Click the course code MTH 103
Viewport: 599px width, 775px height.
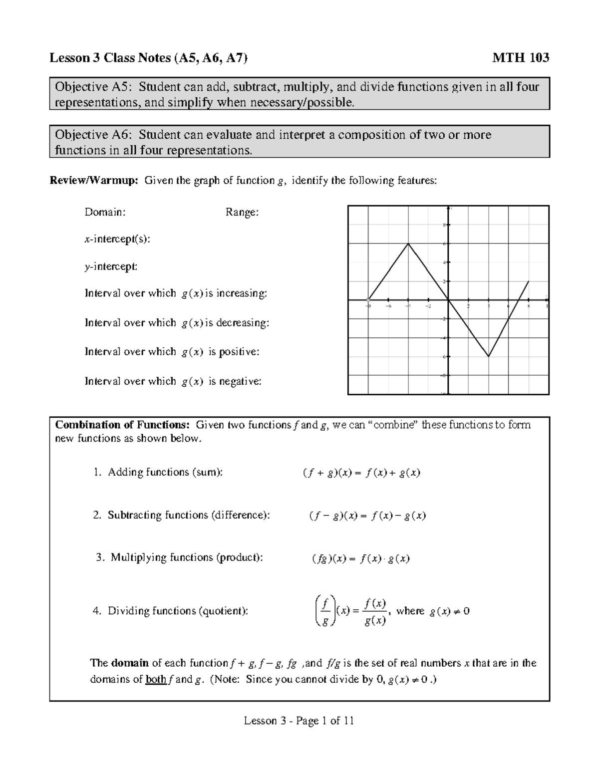(x=521, y=58)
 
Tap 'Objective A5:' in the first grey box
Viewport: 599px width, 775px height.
(x=94, y=87)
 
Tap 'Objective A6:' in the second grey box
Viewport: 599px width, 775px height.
(x=94, y=135)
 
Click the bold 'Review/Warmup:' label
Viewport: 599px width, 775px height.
(x=93, y=181)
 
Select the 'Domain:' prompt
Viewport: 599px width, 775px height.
(x=105, y=212)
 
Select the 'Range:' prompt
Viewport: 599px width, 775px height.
(x=242, y=212)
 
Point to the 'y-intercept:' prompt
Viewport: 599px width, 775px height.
(x=111, y=266)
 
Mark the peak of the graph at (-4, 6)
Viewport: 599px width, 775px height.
(x=408, y=244)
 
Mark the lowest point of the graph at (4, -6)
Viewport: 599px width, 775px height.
(x=489, y=356)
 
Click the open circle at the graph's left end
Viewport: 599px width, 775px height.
(x=368, y=300)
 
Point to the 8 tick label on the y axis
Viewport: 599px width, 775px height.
(x=444, y=225)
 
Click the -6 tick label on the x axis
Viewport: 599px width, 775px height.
(x=388, y=306)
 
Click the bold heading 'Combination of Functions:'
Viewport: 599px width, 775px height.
(x=122, y=425)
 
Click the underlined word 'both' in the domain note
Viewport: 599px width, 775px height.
(x=155, y=679)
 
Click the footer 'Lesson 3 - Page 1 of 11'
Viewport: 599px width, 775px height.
(x=299, y=721)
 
